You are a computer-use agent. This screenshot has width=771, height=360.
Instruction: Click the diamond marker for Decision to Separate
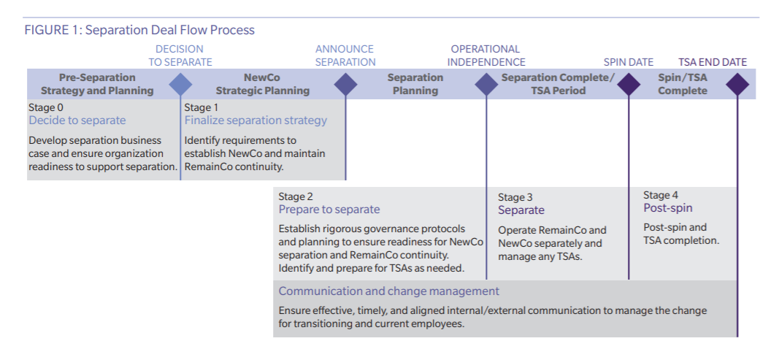pyautogui.click(x=180, y=85)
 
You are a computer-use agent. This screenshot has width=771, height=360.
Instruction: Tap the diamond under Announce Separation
pyautogui.click(x=345, y=85)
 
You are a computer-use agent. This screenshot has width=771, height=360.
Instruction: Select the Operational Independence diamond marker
pyautogui.click(x=486, y=85)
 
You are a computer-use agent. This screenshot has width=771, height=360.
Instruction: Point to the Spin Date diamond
pyautogui.click(x=629, y=85)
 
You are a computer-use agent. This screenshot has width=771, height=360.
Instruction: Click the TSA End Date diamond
pyautogui.click(x=737, y=85)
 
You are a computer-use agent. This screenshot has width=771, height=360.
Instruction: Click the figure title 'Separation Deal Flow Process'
pyautogui.click(x=170, y=30)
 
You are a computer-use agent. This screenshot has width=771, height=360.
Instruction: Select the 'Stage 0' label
pyautogui.click(x=46, y=107)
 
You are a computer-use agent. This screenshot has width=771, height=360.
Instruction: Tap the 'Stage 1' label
pyautogui.click(x=201, y=107)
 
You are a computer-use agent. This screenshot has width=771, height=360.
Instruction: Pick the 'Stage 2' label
pyautogui.click(x=296, y=196)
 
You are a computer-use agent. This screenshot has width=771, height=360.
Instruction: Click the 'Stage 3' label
pyautogui.click(x=515, y=198)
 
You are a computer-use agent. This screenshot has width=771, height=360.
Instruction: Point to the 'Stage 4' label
pyautogui.click(x=661, y=195)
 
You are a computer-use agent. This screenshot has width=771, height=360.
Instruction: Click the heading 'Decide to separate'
pyautogui.click(x=77, y=120)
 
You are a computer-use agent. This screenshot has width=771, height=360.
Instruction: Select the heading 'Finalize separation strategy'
pyautogui.click(x=256, y=120)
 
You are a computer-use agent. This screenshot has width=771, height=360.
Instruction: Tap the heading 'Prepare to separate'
pyautogui.click(x=329, y=210)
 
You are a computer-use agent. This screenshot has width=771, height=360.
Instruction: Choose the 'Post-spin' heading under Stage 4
pyautogui.click(x=668, y=208)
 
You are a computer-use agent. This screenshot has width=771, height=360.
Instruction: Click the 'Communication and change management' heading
pyautogui.click(x=389, y=291)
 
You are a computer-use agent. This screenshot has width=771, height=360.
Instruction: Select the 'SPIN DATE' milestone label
pyautogui.click(x=629, y=62)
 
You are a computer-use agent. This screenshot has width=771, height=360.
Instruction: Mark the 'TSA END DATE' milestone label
pyautogui.click(x=713, y=62)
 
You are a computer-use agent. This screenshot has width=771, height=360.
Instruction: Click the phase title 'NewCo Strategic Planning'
pyautogui.click(x=263, y=84)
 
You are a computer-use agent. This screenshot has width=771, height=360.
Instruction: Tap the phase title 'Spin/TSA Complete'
pyautogui.click(x=683, y=84)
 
